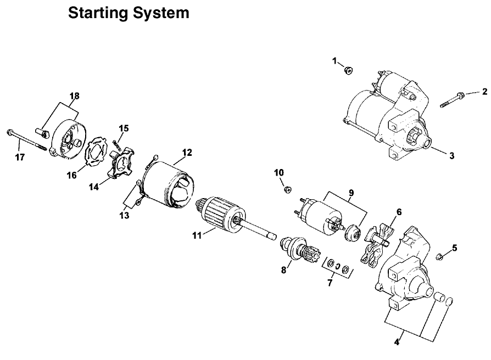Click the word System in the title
click(164, 13)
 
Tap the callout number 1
click(334, 61)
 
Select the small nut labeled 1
click(348, 70)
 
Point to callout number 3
click(451, 155)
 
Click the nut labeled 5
click(439, 256)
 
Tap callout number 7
click(330, 283)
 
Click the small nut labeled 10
click(287, 190)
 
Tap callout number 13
click(125, 216)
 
